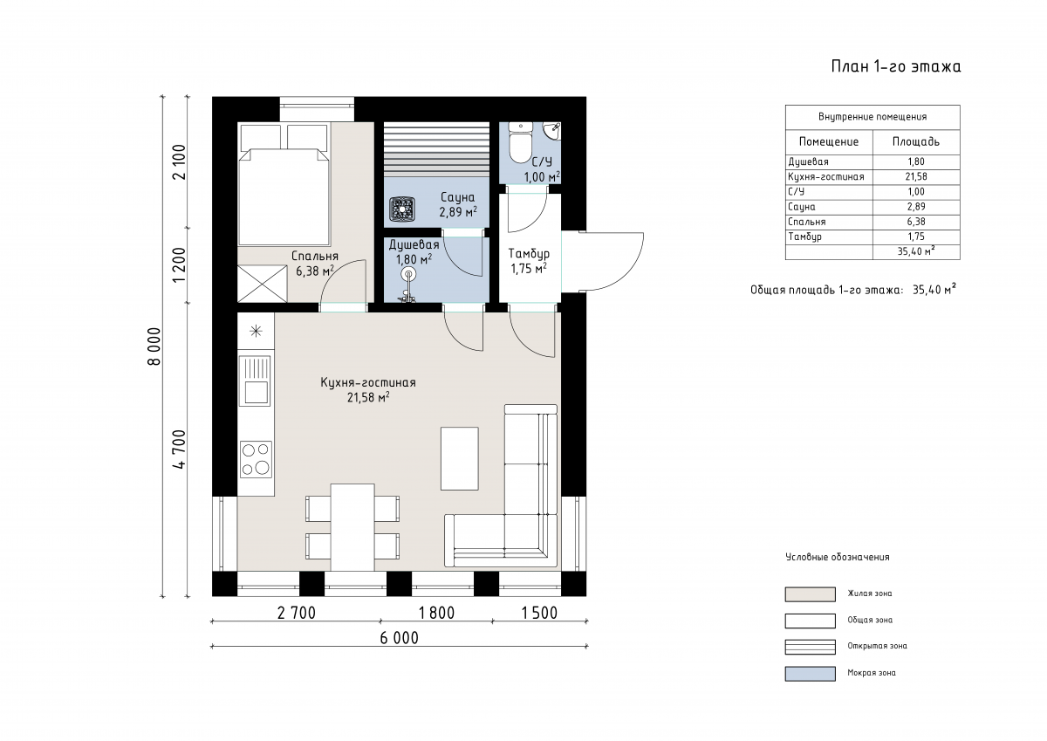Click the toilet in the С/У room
pos(520,142)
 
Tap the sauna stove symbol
pos(402,209)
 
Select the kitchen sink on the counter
pos(255,381)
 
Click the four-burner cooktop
pos(256,460)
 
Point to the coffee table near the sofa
pos(460,458)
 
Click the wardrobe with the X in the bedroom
pos(263,284)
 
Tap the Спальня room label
pos(315,257)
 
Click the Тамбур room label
pos(529,254)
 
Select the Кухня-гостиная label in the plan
pos(368,382)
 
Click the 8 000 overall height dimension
pos(154,346)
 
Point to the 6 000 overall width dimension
pos(400,638)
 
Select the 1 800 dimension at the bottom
pos(436,613)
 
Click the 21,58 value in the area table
pos(916,176)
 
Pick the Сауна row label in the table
pos(802,207)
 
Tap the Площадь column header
pos(916,141)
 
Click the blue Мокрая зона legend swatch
pos(810,674)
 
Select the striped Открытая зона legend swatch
pos(810,647)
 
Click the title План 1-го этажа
pos(896,67)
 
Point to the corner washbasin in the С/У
pos(553,130)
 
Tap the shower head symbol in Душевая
pos(409,274)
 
